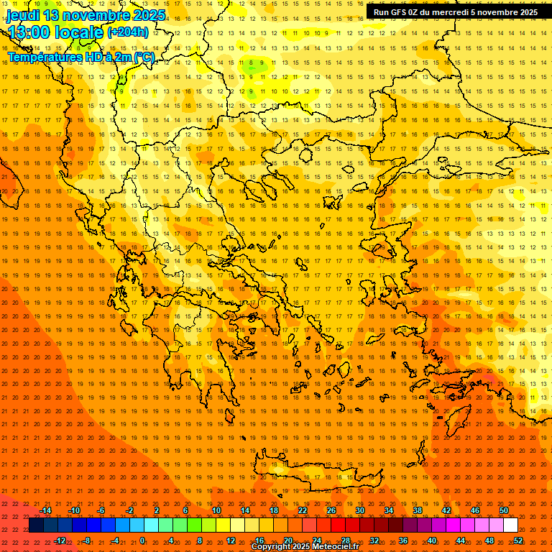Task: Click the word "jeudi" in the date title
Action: click(x=23, y=15)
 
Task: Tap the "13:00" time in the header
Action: click(x=29, y=32)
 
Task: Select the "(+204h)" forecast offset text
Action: click(x=128, y=32)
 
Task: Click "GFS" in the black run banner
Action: click(x=401, y=12)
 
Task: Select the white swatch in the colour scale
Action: click(x=511, y=525)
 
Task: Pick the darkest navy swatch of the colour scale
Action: click(x=36, y=525)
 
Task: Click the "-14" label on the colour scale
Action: click(x=45, y=510)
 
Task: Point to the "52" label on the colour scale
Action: click(x=518, y=540)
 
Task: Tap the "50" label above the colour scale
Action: click(x=504, y=510)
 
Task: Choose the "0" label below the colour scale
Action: click(x=142, y=540)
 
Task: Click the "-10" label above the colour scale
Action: click(x=73, y=510)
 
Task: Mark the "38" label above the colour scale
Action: click(x=418, y=510)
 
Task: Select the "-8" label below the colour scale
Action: click(x=87, y=540)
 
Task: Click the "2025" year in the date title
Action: click(x=147, y=15)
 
